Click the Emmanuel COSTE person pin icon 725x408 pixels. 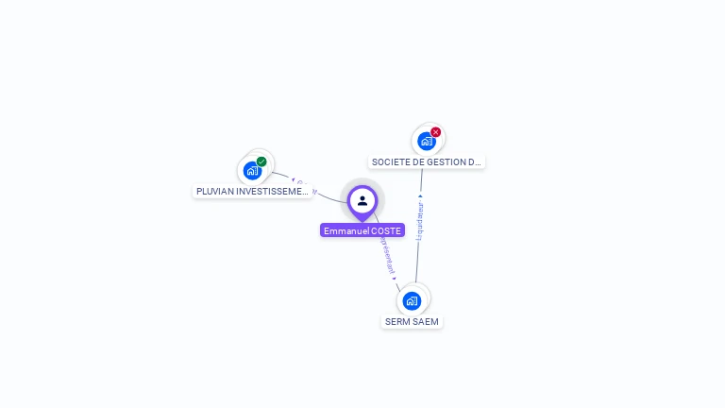click(x=362, y=200)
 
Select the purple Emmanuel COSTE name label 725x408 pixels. click(x=362, y=230)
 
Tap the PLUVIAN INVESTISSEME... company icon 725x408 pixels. click(x=252, y=171)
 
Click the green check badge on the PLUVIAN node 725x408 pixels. click(x=261, y=161)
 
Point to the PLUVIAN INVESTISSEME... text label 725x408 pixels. click(x=252, y=192)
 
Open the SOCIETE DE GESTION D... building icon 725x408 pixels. click(x=427, y=142)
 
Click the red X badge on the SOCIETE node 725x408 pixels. click(x=435, y=132)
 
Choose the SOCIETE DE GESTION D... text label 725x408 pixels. click(x=427, y=162)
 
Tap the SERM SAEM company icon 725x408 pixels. click(x=412, y=301)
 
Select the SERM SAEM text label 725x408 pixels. click(x=412, y=322)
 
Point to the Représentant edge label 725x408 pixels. click(x=387, y=255)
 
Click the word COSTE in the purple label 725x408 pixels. click(x=386, y=230)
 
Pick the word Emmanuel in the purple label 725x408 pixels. click(x=346, y=230)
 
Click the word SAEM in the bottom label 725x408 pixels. click(x=426, y=322)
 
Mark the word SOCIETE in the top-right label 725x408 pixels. click(x=390, y=162)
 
